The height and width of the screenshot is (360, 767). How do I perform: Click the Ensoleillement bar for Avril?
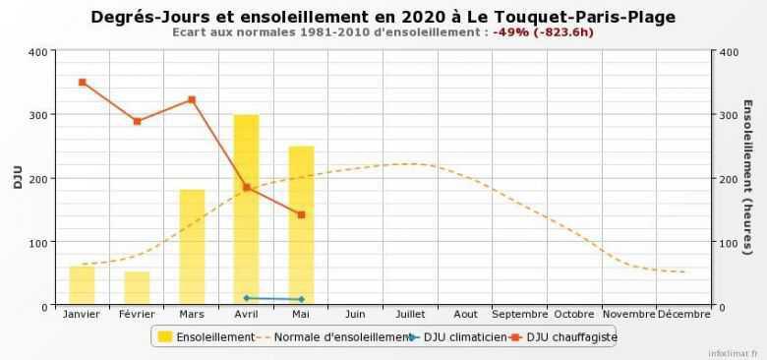click(x=246, y=210)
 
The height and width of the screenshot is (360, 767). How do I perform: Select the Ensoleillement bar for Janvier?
click(x=82, y=285)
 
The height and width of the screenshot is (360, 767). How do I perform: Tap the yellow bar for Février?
click(x=137, y=288)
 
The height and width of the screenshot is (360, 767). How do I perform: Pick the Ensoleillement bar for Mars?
click(x=192, y=247)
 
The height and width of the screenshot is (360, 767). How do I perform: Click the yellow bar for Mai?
click(x=301, y=226)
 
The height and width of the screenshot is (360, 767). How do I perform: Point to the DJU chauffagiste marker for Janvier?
click(x=82, y=83)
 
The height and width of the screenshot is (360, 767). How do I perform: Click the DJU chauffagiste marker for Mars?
click(x=192, y=99)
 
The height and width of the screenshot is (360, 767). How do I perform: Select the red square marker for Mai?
click(x=301, y=214)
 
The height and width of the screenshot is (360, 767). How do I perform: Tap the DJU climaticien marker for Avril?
click(x=246, y=297)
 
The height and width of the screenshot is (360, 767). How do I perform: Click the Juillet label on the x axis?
click(x=410, y=315)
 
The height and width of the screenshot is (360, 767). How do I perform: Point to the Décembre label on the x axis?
click(x=683, y=315)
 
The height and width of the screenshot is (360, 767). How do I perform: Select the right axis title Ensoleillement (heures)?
click(x=747, y=178)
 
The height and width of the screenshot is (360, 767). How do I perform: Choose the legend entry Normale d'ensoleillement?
click(x=333, y=337)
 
